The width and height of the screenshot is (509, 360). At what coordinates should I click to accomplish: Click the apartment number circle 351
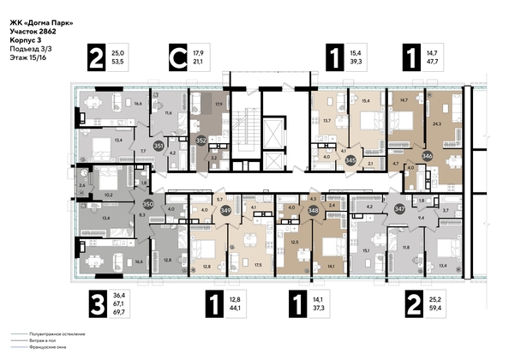click(x=159, y=147)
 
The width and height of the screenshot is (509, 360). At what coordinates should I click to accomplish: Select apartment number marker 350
click(x=147, y=205)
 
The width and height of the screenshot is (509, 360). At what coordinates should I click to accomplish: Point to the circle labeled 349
click(x=226, y=209)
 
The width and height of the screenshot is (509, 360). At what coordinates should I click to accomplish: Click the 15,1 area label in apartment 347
click(x=367, y=251)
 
